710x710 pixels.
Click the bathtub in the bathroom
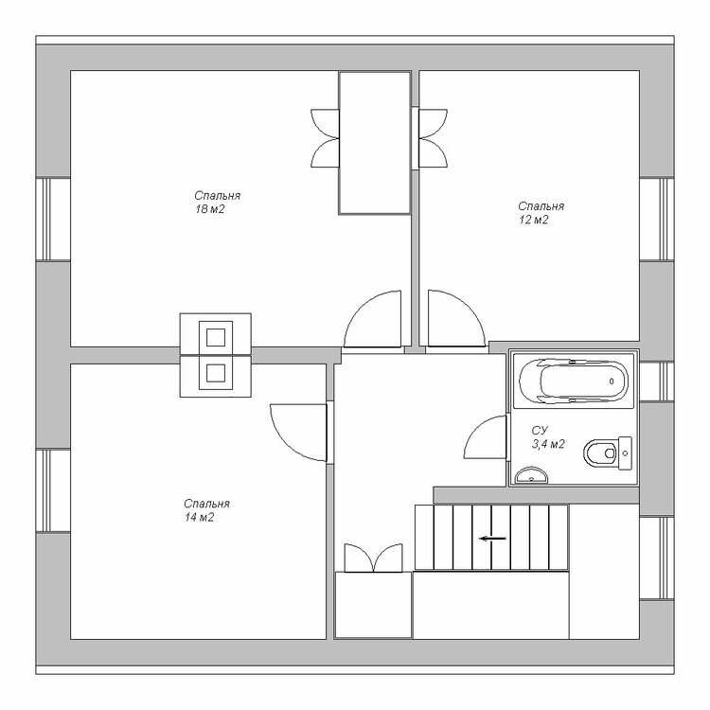(x=574, y=381)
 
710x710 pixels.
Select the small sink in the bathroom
(x=531, y=475)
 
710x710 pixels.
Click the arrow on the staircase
(x=492, y=539)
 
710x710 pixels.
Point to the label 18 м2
(x=210, y=209)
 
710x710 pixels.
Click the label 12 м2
(x=533, y=220)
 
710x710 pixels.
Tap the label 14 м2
(x=199, y=517)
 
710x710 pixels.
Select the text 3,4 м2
(x=548, y=444)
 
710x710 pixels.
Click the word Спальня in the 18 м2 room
(x=218, y=196)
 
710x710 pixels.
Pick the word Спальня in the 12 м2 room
(x=541, y=206)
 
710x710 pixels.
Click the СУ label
(x=540, y=430)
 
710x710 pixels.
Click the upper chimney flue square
(x=216, y=337)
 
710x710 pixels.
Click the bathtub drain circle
(x=612, y=382)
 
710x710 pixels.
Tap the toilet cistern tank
(x=626, y=453)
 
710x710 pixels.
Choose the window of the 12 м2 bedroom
(x=657, y=220)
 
